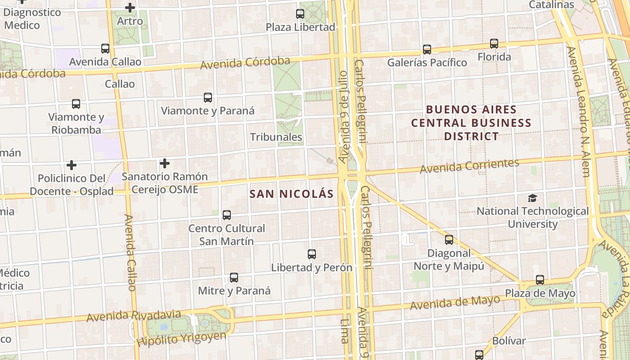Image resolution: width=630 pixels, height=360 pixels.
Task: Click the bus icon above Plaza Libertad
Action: point(300,14)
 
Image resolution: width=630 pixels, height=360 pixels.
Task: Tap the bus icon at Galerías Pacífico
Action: point(427,49)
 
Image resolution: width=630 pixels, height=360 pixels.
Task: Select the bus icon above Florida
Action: point(494,44)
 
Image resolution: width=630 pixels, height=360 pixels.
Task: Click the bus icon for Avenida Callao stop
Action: point(105,49)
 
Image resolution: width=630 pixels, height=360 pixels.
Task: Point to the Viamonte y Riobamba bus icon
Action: point(76,104)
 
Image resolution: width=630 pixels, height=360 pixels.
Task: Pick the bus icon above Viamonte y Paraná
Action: point(208,98)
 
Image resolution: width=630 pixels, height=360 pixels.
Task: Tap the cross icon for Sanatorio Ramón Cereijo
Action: point(165,163)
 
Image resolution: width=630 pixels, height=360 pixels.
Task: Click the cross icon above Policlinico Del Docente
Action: point(71,165)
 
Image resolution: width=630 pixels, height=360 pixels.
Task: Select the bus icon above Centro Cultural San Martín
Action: point(227,215)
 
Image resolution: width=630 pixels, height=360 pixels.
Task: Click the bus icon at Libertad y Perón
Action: point(312,254)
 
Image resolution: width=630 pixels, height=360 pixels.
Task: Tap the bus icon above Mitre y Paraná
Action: point(234,278)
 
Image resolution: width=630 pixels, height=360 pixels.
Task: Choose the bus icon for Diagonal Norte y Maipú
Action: point(449,240)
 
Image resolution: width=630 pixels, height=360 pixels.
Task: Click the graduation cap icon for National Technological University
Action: point(532,198)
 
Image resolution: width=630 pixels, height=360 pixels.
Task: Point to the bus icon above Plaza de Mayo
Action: point(540,280)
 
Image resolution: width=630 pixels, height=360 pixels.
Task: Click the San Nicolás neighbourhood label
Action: point(292,194)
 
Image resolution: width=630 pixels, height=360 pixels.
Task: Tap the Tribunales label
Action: point(276,137)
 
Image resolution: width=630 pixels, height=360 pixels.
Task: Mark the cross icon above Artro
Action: point(130,8)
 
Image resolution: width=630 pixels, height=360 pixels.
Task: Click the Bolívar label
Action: point(508,341)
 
